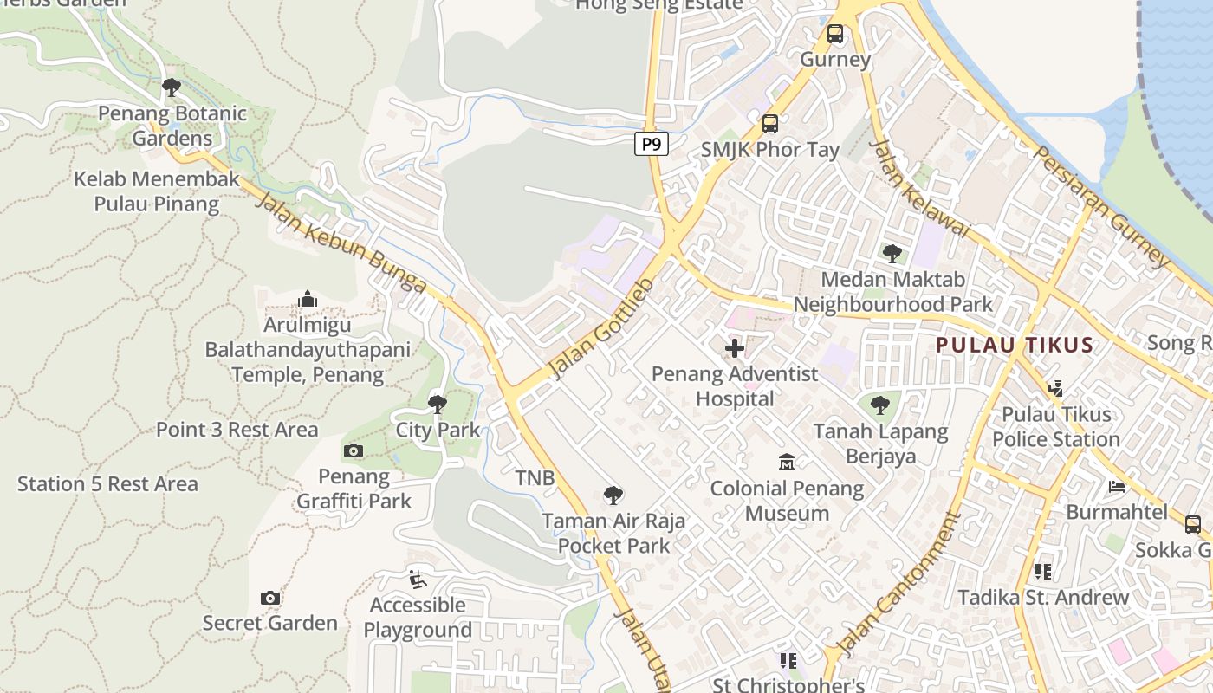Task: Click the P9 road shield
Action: click(652, 144)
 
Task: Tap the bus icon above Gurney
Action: click(834, 34)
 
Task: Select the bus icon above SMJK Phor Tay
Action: click(770, 124)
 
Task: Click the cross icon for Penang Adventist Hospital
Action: click(735, 348)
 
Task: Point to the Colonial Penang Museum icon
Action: click(787, 463)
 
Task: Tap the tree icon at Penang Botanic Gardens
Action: click(172, 87)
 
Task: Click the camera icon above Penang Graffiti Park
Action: click(353, 450)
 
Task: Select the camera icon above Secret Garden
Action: click(270, 598)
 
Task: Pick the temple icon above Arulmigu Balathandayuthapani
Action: click(307, 300)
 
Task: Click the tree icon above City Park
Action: click(438, 404)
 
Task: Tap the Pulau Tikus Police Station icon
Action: click(1055, 389)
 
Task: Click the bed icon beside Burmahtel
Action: click(1117, 486)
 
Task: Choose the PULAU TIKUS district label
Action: click(1014, 345)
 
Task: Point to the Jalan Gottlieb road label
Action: click(601, 328)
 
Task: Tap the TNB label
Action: click(535, 477)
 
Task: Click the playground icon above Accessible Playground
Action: click(418, 579)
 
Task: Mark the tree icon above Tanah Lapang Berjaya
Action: click(880, 405)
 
